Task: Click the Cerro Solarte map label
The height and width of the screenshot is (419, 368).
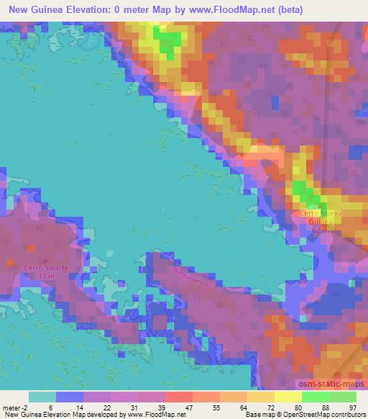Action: tap(46, 267)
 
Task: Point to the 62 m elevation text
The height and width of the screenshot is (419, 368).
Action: tap(319, 232)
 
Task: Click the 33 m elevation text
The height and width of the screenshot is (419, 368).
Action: tap(46, 276)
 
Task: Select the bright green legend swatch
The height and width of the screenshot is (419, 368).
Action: tap(316, 397)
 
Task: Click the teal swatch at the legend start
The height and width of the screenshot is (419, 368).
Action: tap(42, 397)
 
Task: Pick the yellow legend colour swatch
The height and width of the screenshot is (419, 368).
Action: tap(288, 397)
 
